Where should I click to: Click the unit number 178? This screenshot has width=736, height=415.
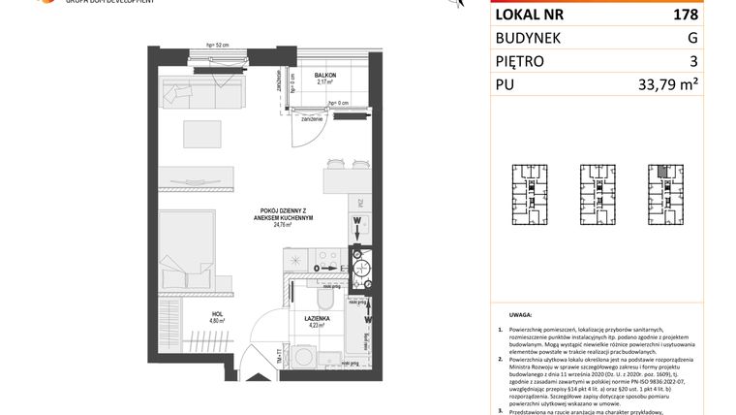[684, 16]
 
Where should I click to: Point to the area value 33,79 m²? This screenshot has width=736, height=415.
[668, 85]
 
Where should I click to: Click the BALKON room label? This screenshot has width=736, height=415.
[325, 76]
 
